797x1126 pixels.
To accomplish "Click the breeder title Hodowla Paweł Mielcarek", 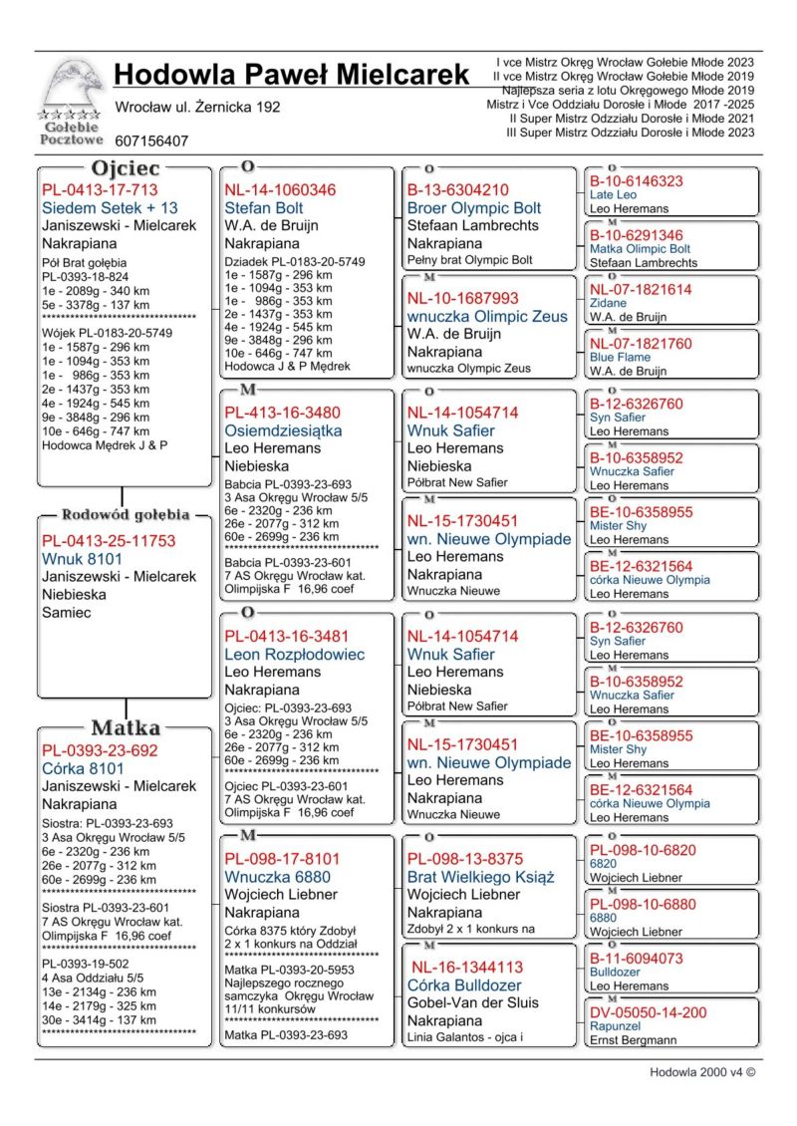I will tap(291, 75).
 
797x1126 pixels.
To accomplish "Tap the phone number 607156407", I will tap(151, 141).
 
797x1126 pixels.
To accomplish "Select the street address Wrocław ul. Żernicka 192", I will tap(197, 107).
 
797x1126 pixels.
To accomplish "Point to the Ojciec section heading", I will tap(126, 168).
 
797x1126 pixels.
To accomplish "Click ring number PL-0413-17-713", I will tap(100, 189).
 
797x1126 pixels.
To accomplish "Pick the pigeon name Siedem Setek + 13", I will tap(110, 208).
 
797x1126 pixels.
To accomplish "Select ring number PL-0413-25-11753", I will tap(108, 541).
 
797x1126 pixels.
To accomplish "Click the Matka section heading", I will tap(126, 727).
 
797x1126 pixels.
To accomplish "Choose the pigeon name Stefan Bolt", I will tap(264, 208).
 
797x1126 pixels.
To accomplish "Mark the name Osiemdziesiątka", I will tap(283, 431).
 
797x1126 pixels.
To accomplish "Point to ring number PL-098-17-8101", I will tap(282, 859).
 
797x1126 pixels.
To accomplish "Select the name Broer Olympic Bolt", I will tap(474, 208).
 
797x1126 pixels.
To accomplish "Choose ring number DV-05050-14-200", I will tap(648, 1012).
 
